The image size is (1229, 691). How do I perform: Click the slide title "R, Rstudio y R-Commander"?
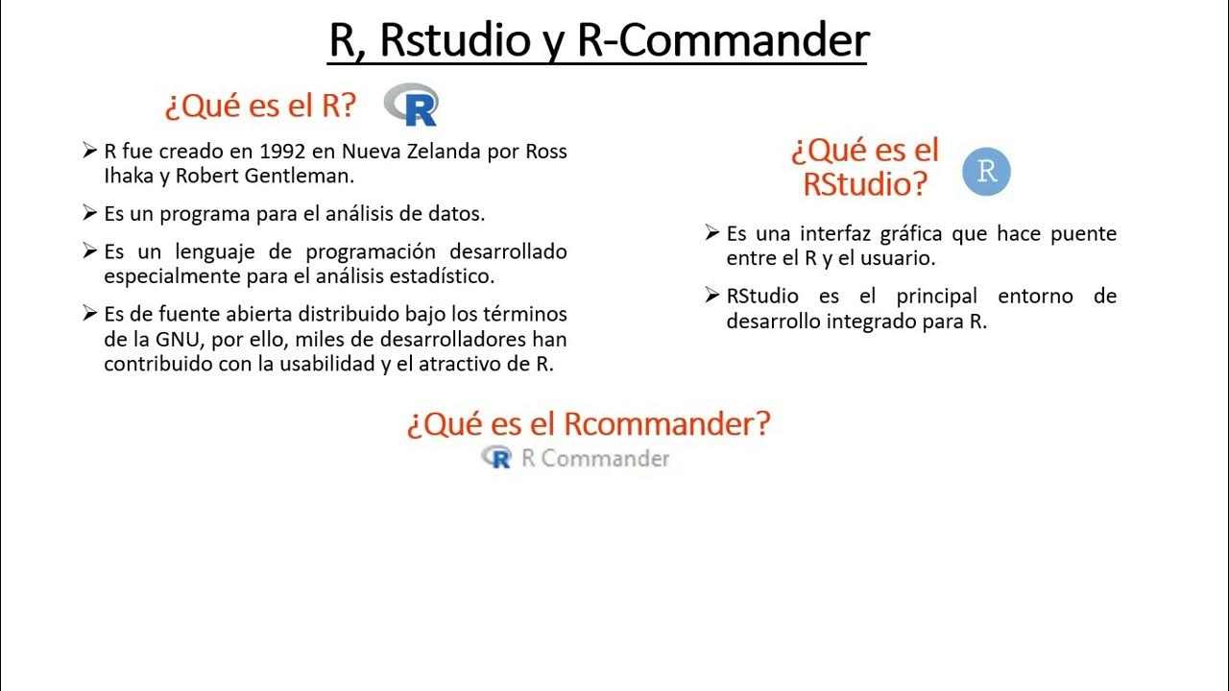[597, 41]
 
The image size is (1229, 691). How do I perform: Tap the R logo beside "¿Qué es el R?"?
[412, 105]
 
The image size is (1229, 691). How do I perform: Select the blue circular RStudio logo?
[986, 172]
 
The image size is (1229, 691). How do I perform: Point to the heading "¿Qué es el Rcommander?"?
[588, 423]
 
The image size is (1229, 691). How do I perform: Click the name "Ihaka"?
[126, 177]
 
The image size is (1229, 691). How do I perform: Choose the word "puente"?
[1082, 233]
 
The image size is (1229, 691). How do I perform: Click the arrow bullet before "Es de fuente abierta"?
[90, 314]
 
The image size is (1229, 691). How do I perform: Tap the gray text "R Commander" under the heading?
[595, 459]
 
